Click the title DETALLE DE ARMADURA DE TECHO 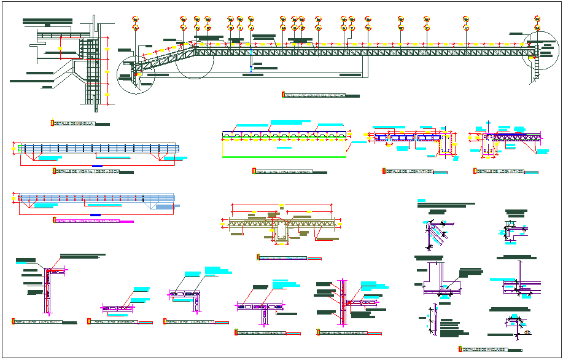tap(319, 95)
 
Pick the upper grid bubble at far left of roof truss tap(135, 20)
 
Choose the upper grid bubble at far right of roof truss tap(537, 19)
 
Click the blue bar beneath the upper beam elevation tap(97, 166)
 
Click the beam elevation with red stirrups tap(95, 198)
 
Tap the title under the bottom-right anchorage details tap(485, 350)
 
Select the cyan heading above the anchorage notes tap(421, 201)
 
